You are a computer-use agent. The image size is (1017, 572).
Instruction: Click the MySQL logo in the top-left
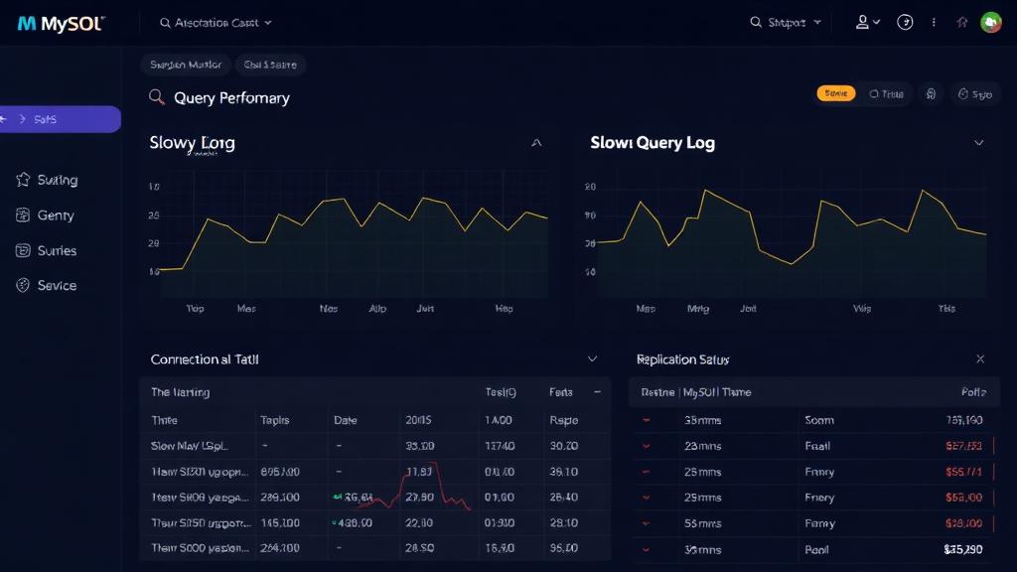pos(61,23)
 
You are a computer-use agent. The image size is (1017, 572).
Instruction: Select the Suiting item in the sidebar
pos(57,180)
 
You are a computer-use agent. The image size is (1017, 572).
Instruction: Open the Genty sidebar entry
pos(55,215)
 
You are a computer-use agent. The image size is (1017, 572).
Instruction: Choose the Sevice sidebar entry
pos(57,285)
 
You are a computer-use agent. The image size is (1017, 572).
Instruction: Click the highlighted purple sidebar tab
pos(60,119)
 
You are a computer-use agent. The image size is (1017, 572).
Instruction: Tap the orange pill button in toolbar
pos(836,93)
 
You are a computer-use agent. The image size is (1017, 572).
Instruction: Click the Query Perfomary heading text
pos(231,97)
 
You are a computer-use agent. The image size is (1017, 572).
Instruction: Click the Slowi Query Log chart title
pos(653,143)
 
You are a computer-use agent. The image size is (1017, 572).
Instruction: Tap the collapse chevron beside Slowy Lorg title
pos(537,143)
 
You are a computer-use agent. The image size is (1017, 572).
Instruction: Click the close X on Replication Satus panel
pos(980,358)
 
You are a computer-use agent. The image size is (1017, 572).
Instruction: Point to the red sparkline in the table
pos(417,492)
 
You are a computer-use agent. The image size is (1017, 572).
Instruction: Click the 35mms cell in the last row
pos(703,548)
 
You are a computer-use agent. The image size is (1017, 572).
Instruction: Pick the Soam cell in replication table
pos(819,420)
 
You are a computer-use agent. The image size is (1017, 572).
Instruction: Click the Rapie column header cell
pos(563,420)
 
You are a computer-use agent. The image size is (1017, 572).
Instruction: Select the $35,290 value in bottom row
pos(962,548)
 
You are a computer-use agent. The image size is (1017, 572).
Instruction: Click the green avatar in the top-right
pos(990,22)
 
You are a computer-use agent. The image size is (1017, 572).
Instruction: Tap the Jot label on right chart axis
pos(748,309)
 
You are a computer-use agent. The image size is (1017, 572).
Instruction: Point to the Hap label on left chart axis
pos(505,309)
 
